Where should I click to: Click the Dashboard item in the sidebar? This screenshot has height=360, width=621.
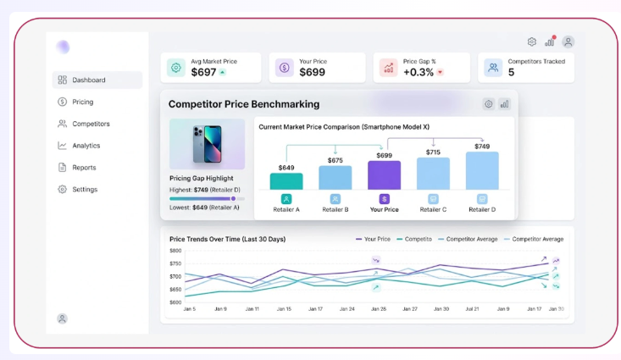tap(97, 80)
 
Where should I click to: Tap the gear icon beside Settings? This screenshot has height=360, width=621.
tap(62, 189)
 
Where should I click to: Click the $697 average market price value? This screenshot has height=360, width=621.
tap(203, 72)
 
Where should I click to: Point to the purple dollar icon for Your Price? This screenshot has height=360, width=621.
tap(284, 68)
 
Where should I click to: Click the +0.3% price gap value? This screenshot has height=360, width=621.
tap(419, 72)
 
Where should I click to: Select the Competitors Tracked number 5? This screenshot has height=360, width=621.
tap(512, 72)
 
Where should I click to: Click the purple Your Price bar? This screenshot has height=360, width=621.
tap(384, 175)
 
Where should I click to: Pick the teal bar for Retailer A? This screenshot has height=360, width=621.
tap(286, 181)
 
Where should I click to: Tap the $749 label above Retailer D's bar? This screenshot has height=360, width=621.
tap(482, 147)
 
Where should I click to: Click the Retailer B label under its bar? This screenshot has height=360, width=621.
tap(335, 209)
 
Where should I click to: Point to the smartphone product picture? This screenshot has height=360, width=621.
tap(207, 144)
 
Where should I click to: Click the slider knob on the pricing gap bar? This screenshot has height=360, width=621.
tap(233, 199)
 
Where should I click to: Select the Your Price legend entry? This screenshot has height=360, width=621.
tap(373, 239)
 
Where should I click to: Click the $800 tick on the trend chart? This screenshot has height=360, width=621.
tap(175, 250)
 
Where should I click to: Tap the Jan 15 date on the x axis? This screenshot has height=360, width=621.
tap(284, 309)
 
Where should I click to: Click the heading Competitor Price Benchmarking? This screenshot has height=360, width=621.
tap(244, 104)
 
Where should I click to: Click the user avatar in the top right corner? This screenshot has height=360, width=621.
tap(568, 42)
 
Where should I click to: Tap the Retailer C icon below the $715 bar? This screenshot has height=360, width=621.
tap(433, 199)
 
